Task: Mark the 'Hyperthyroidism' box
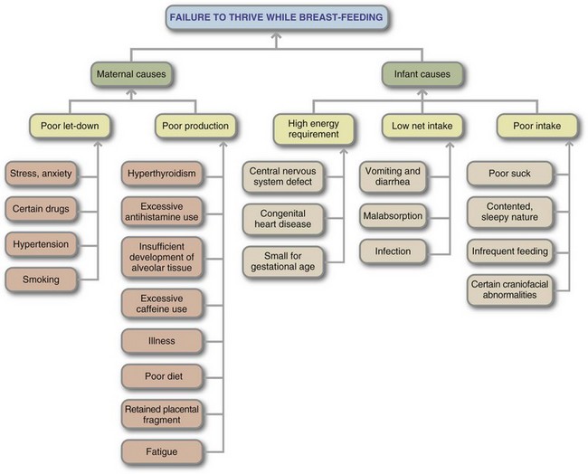tap(163, 172)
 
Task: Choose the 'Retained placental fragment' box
tap(163, 413)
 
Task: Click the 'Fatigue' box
tap(163, 450)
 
